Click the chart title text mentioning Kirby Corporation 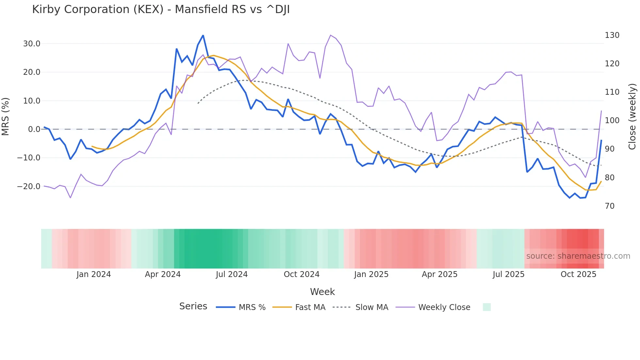click(x=161, y=9)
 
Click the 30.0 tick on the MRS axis click(x=32, y=44)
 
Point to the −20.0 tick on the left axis click(x=29, y=187)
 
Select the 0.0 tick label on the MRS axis click(x=34, y=129)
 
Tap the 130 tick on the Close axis click(x=612, y=35)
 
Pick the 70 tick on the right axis click(x=610, y=206)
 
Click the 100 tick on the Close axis click(x=612, y=121)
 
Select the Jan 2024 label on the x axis click(x=94, y=274)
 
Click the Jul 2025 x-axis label click(x=508, y=274)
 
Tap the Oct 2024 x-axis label click(x=301, y=274)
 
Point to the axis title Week click(x=322, y=292)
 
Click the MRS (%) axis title click(x=6, y=117)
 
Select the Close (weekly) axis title click(x=632, y=117)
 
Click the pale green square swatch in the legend click(x=487, y=307)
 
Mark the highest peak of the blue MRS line click(x=203, y=36)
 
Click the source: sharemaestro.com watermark click(x=578, y=256)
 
